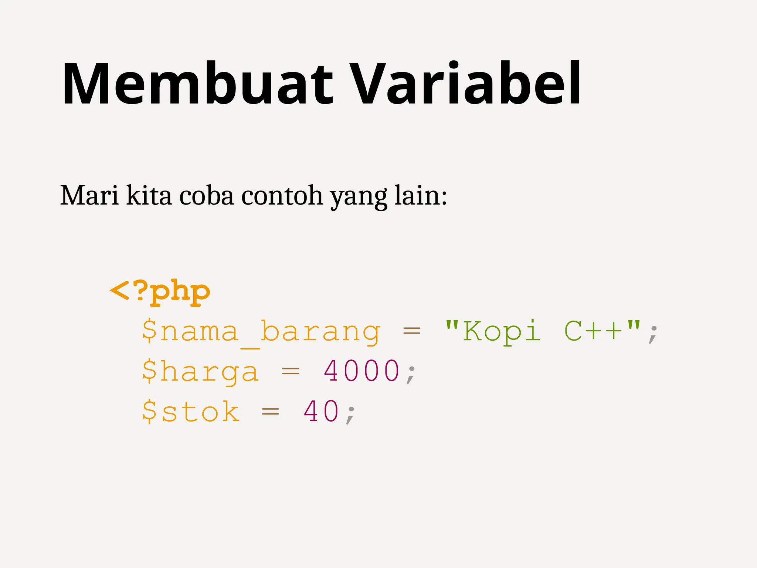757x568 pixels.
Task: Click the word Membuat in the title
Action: pyautogui.click(x=198, y=84)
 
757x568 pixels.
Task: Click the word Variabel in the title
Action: pyautogui.click(x=465, y=84)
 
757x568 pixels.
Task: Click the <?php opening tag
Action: pyautogui.click(x=160, y=292)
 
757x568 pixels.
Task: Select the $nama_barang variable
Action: pyautogui.click(x=261, y=332)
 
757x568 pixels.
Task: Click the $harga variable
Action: pyautogui.click(x=200, y=372)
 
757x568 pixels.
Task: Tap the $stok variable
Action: pyautogui.click(x=191, y=411)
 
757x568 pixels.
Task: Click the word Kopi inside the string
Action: pyautogui.click(x=502, y=332)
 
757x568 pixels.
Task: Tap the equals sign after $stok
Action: pyautogui.click(x=271, y=411)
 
